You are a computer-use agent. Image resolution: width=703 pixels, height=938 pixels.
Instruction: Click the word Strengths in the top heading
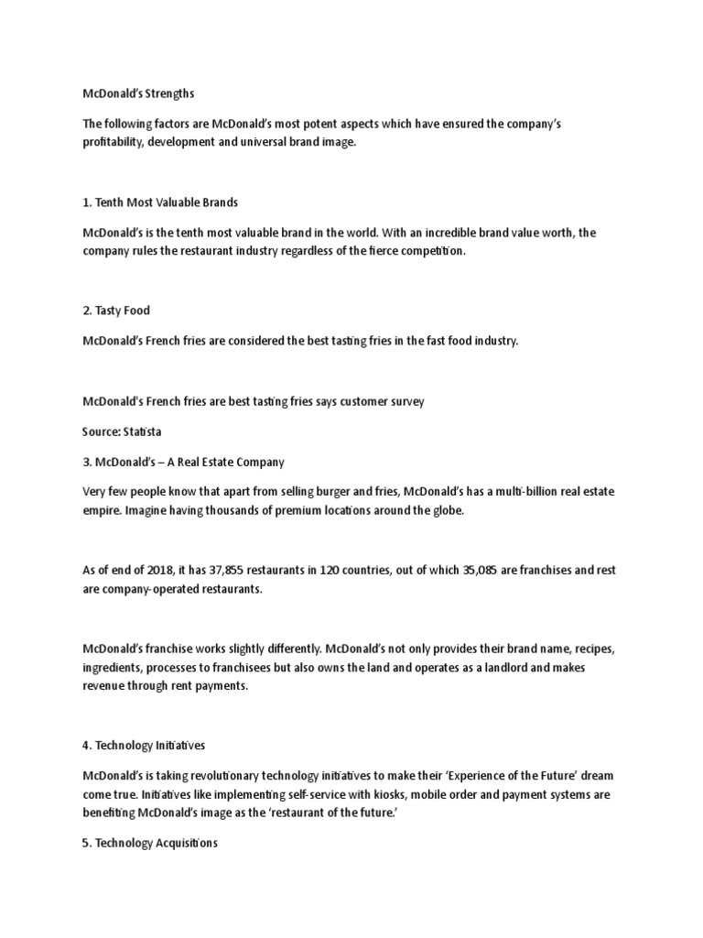pos(168,93)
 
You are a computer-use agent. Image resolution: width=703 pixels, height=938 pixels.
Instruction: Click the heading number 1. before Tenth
pos(88,202)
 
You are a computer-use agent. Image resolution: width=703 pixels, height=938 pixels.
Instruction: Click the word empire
pos(102,510)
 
